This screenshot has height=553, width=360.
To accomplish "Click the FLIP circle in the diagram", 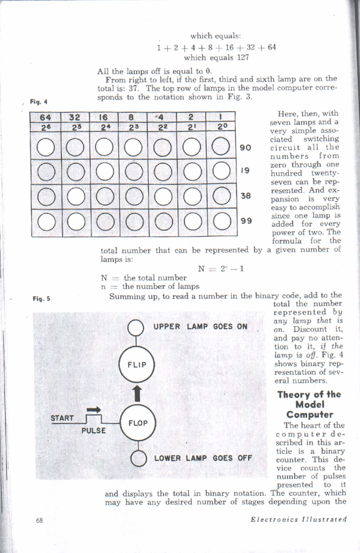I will click(137, 365).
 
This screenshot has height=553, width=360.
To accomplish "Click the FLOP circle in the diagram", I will click(137, 423).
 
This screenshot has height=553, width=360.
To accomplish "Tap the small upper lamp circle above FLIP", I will click(137, 328).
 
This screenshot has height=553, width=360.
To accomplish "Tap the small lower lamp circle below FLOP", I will click(138, 458).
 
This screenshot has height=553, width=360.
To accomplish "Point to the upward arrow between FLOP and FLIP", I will click(137, 394).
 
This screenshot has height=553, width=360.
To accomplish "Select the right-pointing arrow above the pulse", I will click(94, 410).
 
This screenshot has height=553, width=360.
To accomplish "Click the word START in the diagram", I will click(62, 418).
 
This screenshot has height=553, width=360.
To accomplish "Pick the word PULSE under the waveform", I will click(94, 431).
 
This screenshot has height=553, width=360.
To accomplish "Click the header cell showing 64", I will click(46, 117).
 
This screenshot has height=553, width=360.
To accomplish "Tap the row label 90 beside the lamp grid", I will click(246, 148).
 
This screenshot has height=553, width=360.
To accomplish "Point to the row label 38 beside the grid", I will click(246, 195).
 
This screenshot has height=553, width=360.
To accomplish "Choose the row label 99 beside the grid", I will click(246, 220).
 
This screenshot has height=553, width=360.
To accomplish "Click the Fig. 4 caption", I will click(39, 102).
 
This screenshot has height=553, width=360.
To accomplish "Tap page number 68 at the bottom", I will click(39, 520).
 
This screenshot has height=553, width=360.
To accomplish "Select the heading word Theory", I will click(294, 395).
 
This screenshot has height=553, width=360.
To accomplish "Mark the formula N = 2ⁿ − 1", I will click(221, 269).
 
